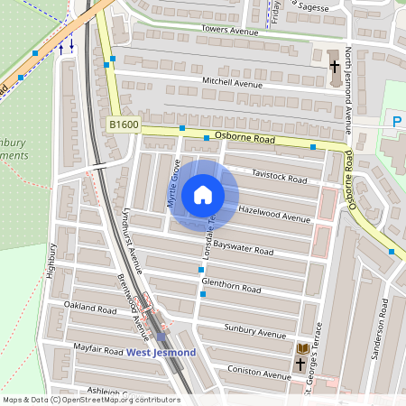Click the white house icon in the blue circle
[203, 194]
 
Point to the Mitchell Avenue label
[232, 83]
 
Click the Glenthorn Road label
[231, 286]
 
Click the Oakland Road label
[90, 309]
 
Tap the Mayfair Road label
[97, 349]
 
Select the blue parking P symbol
[395, 121]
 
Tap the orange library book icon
[303, 349]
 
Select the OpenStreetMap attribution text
[91, 400]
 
